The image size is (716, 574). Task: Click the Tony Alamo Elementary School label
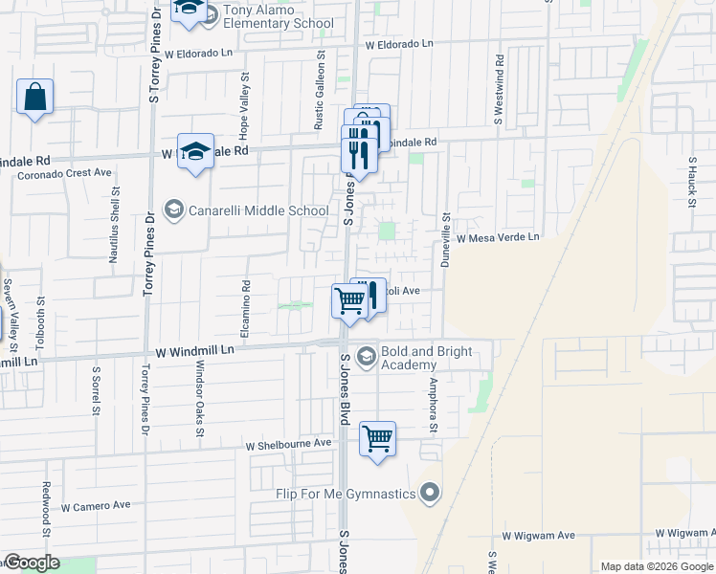[x=278, y=17]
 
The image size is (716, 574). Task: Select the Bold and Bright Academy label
[x=427, y=358]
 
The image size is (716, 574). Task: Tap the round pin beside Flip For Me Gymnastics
[x=430, y=494]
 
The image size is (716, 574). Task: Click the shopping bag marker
[x=34, y=98]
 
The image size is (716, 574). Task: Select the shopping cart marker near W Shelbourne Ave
[x=378, y=440]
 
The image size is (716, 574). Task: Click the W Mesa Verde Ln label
[x=498, y=237]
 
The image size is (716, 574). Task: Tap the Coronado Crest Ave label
[x=64, y=173]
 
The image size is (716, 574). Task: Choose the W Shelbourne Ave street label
[x=288, y=445]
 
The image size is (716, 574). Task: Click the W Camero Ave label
[x=96, y=505]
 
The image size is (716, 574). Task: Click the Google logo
[x=33, y=563]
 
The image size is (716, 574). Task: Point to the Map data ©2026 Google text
[x=657, y=566]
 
